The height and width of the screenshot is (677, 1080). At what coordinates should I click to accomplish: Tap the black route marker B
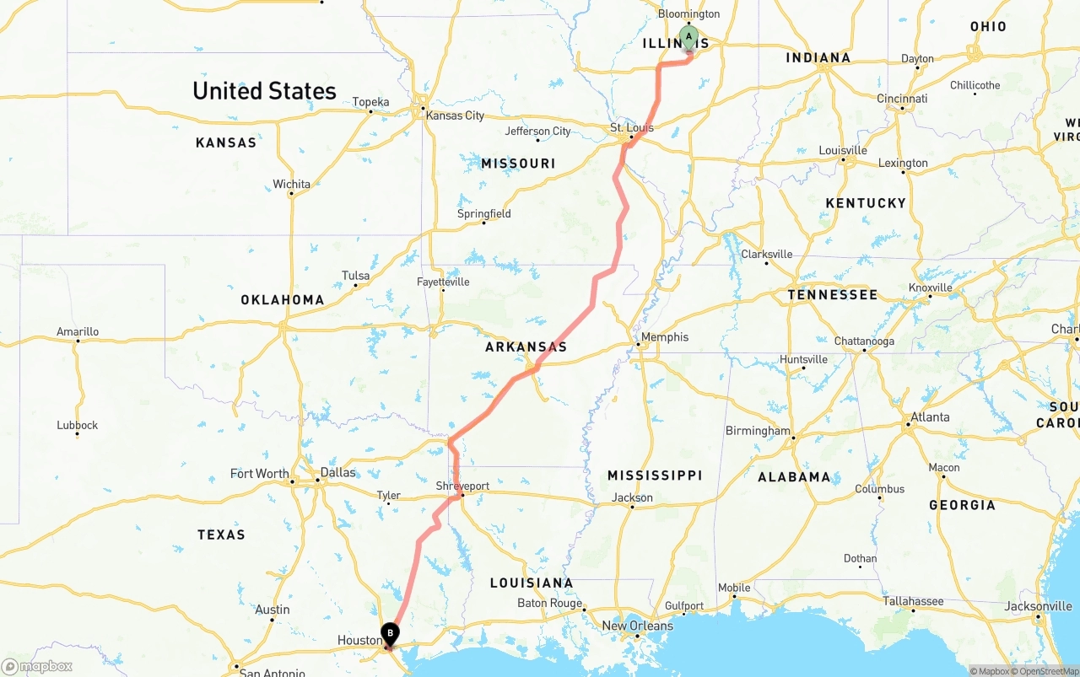[x=390, y=633]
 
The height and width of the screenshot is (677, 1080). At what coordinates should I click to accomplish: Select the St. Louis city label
[x=632, y=128]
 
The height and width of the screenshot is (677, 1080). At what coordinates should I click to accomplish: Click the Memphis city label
[x=665, y=337]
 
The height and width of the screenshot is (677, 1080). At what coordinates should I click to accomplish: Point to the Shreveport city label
[x=462, y=486]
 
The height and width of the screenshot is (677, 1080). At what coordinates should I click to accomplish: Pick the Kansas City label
[x=455, y=116]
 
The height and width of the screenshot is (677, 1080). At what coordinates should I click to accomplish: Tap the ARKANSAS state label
[x=526, y=347]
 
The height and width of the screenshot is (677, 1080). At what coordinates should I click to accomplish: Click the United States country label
[x=264, y=91]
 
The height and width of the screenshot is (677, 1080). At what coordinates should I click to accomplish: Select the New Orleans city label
[x=637, y=626]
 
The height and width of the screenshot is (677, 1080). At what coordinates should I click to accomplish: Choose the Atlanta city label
[x=930, y=416]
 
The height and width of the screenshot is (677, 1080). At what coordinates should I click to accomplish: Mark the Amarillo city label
[x=78, y=331]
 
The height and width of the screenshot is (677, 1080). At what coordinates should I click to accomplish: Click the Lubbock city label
[x=78, y=425]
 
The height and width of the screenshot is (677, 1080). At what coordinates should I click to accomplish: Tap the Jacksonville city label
[x=1038, y=606]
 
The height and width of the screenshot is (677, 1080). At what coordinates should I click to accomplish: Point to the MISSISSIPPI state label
[x=655, y=476]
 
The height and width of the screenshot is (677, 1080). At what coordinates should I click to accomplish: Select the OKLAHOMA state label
[x=282, y=299]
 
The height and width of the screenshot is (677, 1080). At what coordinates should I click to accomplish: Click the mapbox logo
[x=37, y=666]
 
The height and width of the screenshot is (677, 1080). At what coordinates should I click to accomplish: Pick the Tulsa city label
[x=355, y=276]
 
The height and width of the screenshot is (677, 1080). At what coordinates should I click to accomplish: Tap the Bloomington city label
[x=688, y=13]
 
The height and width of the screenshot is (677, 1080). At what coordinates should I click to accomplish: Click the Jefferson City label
[x=537, y=131]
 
